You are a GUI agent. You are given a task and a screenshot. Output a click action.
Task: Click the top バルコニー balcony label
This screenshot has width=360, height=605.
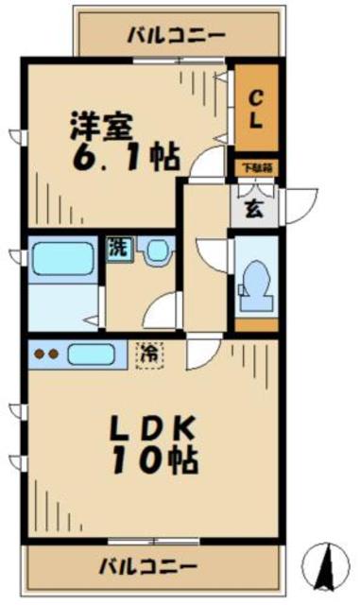[177, 36]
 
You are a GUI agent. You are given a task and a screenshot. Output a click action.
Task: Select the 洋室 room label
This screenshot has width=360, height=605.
[106, 127]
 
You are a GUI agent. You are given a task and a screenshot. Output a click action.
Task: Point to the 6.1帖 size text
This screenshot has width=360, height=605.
[124, 159]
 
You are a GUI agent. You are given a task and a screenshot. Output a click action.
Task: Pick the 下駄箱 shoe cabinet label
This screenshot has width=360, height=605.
[255, 168]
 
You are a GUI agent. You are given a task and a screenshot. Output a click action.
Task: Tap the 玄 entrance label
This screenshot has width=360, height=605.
[255, 208]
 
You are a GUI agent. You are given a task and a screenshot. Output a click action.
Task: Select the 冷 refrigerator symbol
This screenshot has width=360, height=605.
[149, 354]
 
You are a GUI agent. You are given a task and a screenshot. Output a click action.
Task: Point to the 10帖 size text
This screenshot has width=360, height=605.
[156, 463]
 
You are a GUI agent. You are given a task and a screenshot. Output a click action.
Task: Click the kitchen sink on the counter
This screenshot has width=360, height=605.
[91, 356]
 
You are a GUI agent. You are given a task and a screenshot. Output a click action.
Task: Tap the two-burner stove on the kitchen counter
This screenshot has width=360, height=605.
[46, 356]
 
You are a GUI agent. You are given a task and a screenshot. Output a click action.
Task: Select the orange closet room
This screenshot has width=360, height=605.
[256, 106]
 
